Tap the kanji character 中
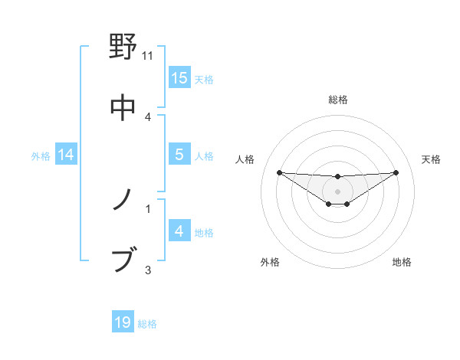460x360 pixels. pos(123,107)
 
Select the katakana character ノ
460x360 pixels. pos(123,200)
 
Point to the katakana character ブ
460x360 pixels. pos(123,260)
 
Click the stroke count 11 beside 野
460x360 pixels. pos(148,56)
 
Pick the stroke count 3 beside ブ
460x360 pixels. pos(148,269)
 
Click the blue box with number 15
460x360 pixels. pos(179,77)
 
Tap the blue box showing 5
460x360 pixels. pos(179,154)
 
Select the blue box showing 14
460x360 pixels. pos(66,155)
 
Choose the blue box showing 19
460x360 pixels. pos(123,322)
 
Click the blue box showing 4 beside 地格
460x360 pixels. pos(179,231)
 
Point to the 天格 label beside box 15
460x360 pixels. pos(204,79)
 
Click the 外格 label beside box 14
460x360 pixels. pos(41,155)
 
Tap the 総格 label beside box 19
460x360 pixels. pos(147,324)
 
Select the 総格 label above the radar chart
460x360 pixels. pos(337,100)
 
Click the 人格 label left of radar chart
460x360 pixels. pos(246,159)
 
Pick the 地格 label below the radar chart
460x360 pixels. pos(402,262)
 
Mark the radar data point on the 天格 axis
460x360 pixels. pos(396,172)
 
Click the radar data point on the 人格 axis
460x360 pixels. pos(279,172)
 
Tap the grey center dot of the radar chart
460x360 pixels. pos(337,191)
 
